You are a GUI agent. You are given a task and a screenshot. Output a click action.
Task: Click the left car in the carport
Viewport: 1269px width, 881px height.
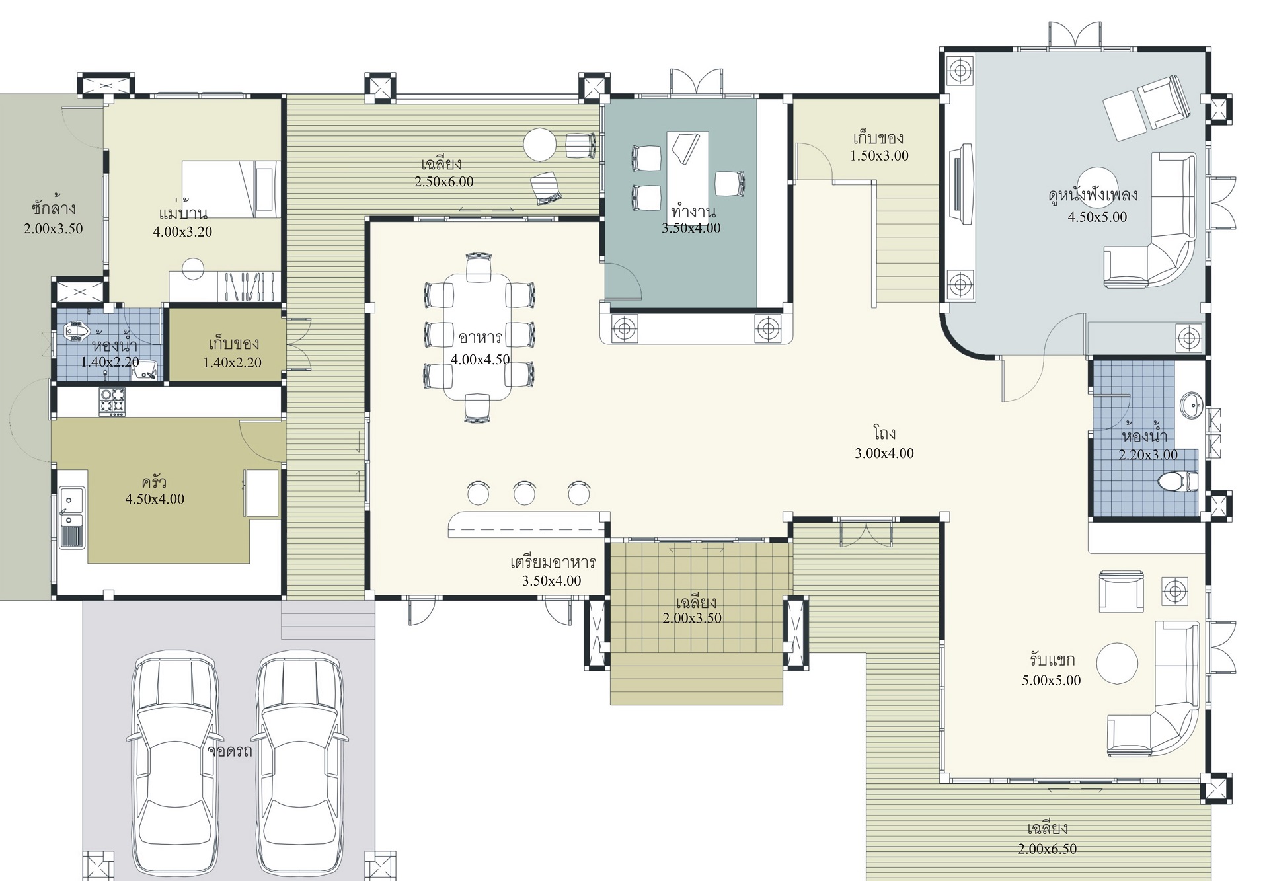click(x=175, y=763)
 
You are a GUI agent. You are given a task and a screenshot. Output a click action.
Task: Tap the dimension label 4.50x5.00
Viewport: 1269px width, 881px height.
click(x=1097, y=217)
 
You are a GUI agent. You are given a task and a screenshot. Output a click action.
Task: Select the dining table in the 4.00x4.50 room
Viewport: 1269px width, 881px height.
click(x=477, y=337)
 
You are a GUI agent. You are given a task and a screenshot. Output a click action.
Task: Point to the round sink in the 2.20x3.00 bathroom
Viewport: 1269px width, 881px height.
click(x=1192, y=405)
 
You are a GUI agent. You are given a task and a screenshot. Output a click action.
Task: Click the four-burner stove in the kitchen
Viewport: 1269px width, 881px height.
click(x=112, y=402)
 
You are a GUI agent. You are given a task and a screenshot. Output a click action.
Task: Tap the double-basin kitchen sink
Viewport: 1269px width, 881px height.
click(x=71, y=517)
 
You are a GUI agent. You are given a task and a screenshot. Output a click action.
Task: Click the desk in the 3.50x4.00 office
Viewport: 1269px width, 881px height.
click(x=687, y=169)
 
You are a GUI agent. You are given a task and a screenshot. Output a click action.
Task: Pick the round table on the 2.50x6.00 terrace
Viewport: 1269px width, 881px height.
click(x=540, y=144)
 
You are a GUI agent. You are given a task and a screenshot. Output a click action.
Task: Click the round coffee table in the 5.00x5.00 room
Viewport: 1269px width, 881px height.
click(x=1117, y=664)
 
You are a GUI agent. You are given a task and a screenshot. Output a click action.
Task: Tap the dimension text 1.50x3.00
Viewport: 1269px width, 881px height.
click(x=879, y=156)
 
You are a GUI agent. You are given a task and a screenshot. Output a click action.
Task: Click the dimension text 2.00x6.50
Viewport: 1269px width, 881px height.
click(x=1048, y=849)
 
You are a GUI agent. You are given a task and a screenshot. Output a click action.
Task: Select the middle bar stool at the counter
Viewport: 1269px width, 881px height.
click(x=524, y=493)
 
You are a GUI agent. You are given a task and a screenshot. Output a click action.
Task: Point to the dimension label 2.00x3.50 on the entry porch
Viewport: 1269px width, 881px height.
click(x=692, y=618)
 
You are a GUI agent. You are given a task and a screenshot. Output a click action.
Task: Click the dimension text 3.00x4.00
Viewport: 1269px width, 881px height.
click(x=884, y=453)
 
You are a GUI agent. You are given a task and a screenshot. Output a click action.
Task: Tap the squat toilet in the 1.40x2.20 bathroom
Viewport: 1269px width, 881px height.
click(x=78, y=330)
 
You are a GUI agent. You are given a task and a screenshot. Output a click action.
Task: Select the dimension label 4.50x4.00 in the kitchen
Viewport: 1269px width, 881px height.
click(x=155, y=499)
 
